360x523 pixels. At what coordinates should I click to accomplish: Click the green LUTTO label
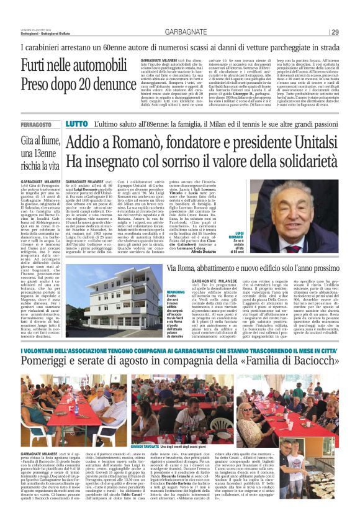point(77,124)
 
